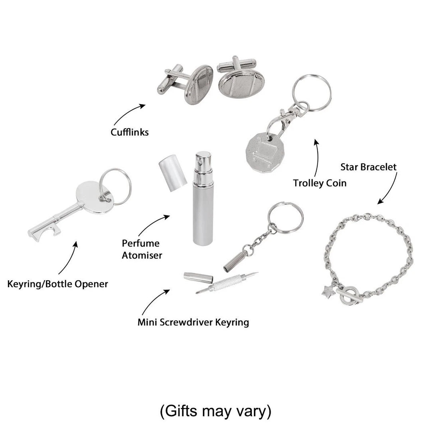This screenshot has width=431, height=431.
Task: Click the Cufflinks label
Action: (129, 132)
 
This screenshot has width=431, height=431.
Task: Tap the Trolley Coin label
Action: (320, 183)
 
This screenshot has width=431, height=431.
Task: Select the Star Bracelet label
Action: (368, 167)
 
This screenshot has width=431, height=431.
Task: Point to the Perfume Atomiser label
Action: (142, 249)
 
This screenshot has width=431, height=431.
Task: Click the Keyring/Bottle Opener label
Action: (57, 284)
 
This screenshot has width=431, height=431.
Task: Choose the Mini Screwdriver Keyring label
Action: (193, 322)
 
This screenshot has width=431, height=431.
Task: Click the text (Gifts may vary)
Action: (216, 411)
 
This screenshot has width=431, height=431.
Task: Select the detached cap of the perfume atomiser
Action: (173, 173)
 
